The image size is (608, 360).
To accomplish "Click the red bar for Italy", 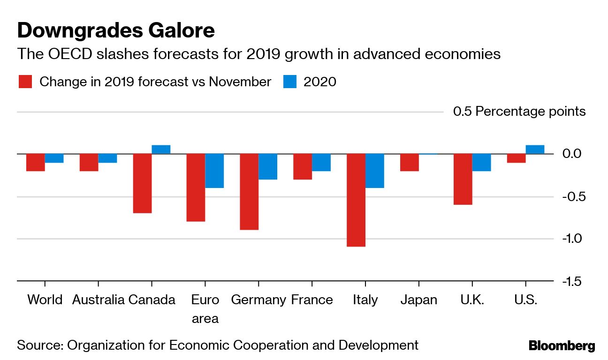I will (x=356, y=200).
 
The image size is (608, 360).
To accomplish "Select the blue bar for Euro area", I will (x=214, y=171).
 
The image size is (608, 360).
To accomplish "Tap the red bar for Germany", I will (x=249, y=192).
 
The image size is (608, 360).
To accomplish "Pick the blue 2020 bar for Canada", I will (x=161, y=150).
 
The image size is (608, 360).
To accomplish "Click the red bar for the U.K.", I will (x=463, y=179).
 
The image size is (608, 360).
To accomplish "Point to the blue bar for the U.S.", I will (x=535, y=150).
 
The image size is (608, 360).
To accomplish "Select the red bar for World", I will (x=35, y=162).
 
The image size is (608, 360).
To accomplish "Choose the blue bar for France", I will (x=321, y=162).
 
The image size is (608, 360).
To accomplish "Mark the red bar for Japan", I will (x=410, y=162).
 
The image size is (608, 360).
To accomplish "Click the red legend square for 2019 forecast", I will (x=25, y=82).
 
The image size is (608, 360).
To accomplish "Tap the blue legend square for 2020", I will (x=290, y=82).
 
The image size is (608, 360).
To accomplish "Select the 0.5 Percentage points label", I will (x=519, y=112).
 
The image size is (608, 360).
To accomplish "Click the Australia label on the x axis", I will (x=98, y=300).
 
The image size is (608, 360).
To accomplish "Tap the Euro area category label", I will (x=205, y=309).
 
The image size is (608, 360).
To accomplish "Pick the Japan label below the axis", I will (x=418, y=300).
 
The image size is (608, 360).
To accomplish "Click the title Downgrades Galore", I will (x=116, y=30).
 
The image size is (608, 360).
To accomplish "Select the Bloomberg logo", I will (x=562, y=346).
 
